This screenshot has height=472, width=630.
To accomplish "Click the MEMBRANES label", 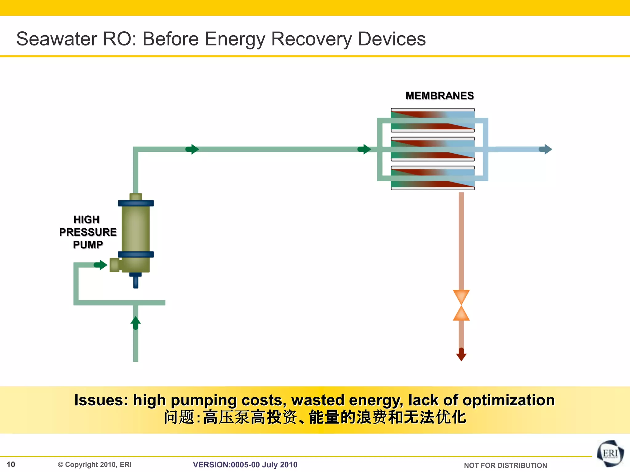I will pos(440,96).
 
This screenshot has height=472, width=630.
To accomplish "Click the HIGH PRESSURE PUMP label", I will pos(88,232).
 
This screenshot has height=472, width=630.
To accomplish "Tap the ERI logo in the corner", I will pos(610,454).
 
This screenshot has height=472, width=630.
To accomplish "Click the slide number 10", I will pos(11,464).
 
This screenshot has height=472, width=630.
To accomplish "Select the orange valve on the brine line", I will pos(461,305).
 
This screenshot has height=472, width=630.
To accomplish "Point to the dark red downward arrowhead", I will pos(461,356).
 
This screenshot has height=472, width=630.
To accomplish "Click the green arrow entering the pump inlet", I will pos(101,265).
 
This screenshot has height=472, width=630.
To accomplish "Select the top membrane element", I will pos(433,120).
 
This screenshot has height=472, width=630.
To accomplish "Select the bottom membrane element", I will pos(433,178).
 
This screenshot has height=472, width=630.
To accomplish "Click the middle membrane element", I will pos(433,149).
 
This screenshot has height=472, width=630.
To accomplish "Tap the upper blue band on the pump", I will pos(136,203).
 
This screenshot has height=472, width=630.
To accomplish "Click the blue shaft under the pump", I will pos(136,281).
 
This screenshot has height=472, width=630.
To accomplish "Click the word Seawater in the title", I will pos(57,39).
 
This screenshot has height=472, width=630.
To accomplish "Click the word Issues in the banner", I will pos(101,400).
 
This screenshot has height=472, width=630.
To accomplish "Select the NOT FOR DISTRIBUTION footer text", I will pos(505,465).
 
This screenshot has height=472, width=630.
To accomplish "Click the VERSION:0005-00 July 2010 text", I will pos(245,465).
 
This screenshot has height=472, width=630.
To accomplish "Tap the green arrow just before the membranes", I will pos(365,149).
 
